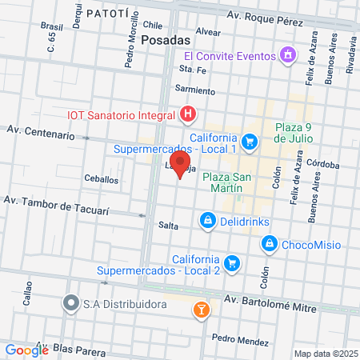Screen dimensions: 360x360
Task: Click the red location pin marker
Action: tap(181, 168)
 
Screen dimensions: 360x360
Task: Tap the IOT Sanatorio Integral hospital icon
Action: tap(187, 115)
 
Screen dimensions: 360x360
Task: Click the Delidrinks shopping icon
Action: tap(207, 219)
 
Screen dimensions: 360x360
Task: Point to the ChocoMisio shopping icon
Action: tap(270, 242)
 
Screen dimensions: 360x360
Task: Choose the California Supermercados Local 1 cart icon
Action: tap(250, 142)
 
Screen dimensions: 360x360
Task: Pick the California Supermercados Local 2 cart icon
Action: tap(232, 263)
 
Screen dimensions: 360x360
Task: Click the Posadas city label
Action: tap(165, 39)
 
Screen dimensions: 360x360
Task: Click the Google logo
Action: tap(27, 350)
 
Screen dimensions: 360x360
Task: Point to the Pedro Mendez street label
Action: tap(241, 341)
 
